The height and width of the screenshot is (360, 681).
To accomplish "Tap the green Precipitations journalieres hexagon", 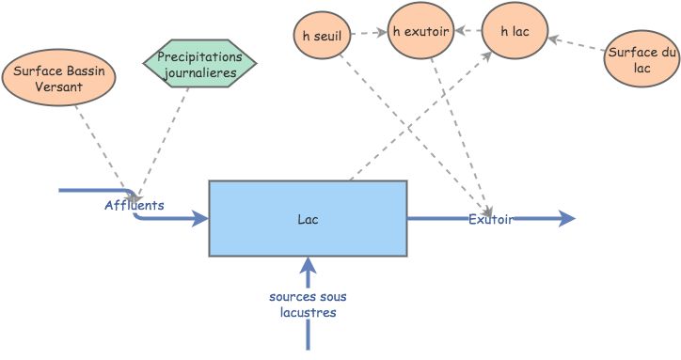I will click(x=199, y=64).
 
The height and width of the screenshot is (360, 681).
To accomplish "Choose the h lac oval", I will click(x=515, y=32).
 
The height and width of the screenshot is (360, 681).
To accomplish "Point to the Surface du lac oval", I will click(x=642, y=61).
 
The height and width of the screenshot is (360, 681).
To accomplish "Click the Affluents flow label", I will click(x=135, y=204).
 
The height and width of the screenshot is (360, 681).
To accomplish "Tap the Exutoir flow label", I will click(x=491, y=219).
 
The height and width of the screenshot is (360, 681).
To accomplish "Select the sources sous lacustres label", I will click(x=308, y=305).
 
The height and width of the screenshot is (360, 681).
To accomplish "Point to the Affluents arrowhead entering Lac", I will click(x=199, y=220).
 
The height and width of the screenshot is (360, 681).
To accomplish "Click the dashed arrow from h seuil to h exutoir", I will click(x=371, y=33).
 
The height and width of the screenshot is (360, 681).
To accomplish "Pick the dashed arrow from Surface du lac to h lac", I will click(x=576, y=45).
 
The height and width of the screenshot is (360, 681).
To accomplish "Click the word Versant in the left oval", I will click(x=59, y=87).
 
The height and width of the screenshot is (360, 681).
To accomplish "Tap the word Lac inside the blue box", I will click(x=308, y=219).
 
